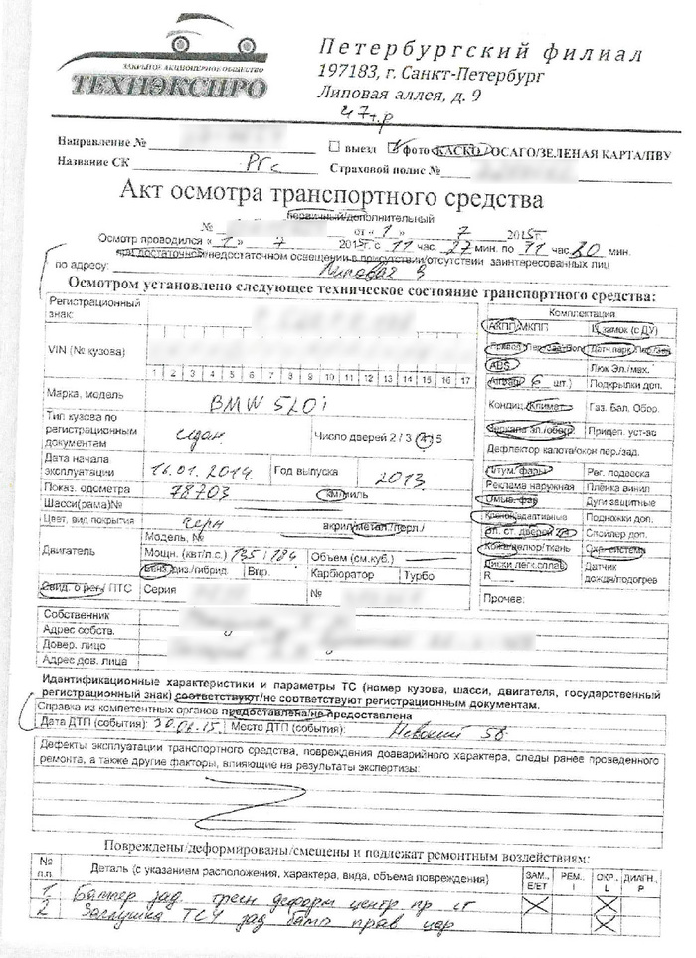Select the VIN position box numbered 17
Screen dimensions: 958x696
(x=465, y=375)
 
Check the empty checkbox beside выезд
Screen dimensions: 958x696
(x=335, y=147)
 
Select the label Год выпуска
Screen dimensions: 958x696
(x=305, y=470)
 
